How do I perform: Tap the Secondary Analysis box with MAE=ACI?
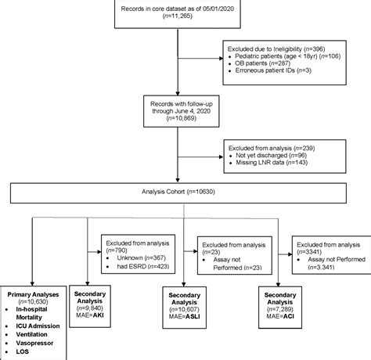click(280, 306)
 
